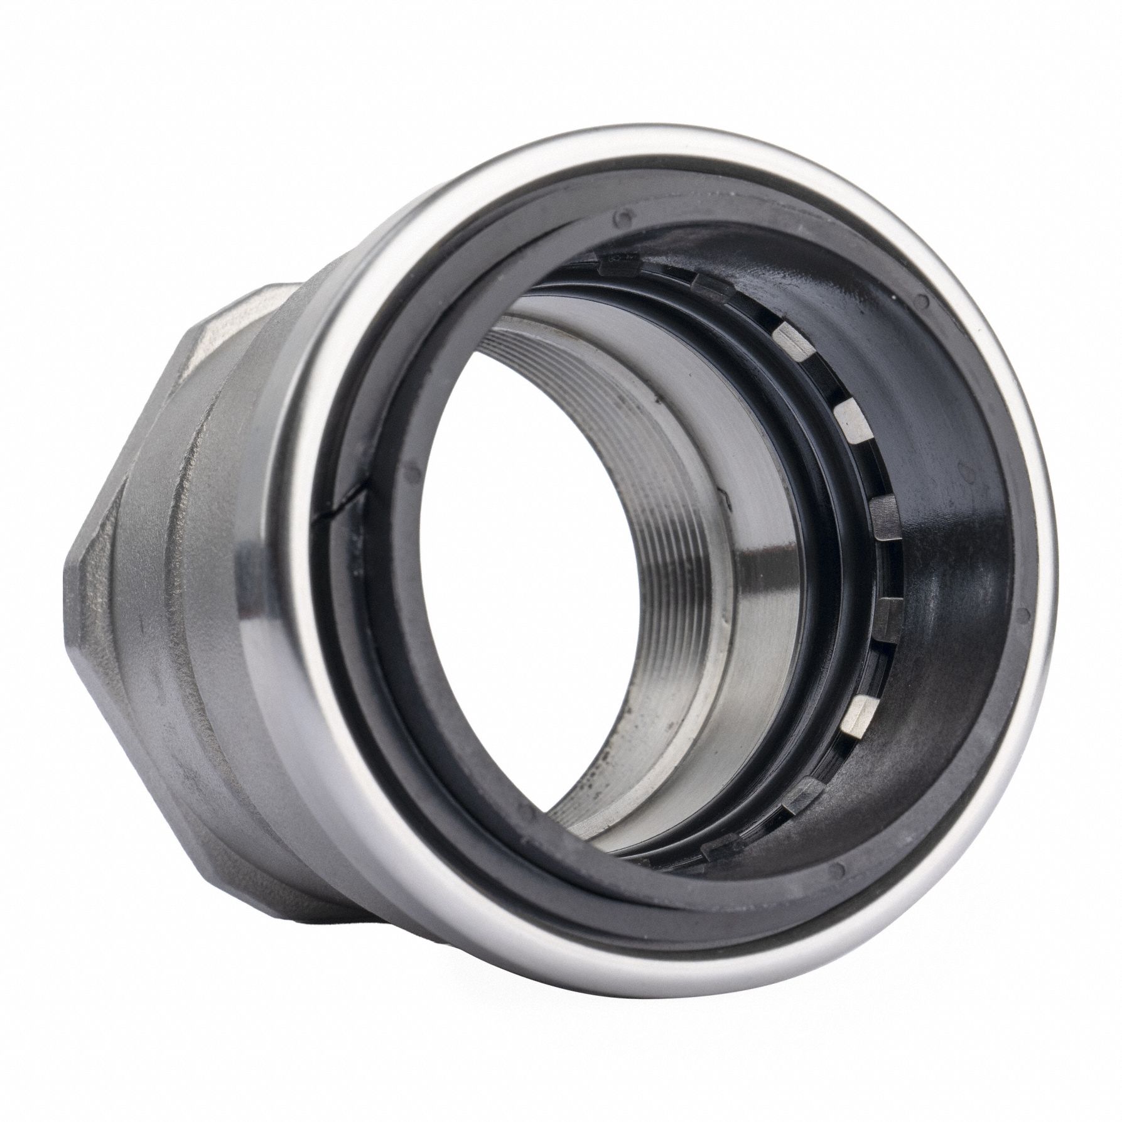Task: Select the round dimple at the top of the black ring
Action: click(x=622, y=217)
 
